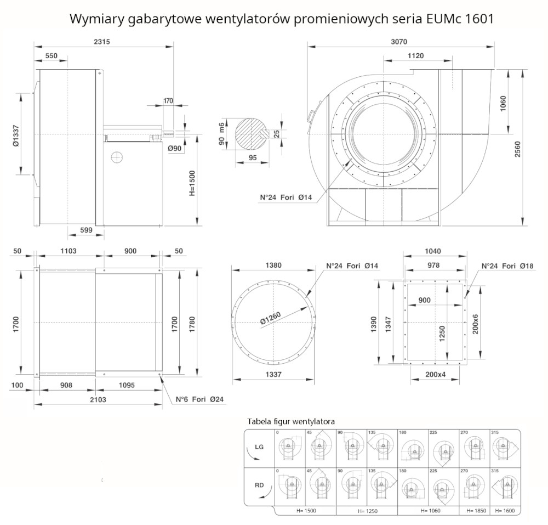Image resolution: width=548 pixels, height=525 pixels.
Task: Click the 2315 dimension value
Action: point(102,42)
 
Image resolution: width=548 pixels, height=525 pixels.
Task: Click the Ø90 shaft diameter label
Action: point(174,148)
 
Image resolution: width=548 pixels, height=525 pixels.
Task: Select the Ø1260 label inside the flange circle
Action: point(271,318)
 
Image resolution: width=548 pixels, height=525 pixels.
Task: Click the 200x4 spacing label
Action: point(436,375)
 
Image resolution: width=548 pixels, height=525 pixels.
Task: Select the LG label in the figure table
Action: point(259,447)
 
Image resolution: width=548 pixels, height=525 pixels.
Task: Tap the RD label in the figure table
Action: point(259,484)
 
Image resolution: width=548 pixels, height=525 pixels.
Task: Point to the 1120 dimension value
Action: point(416,55)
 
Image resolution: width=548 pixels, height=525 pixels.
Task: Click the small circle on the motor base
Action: point(116,157)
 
